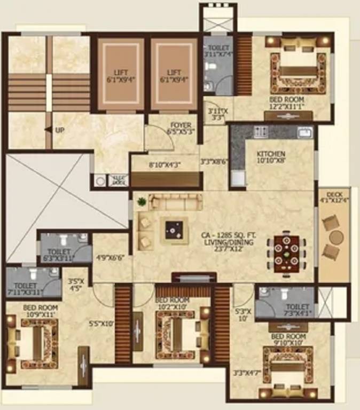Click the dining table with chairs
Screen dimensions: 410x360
click(286, 251)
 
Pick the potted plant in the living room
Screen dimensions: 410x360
click(142, 202)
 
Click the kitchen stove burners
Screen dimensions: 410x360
click(262, 131)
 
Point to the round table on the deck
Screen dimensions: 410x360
click(335, 236)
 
